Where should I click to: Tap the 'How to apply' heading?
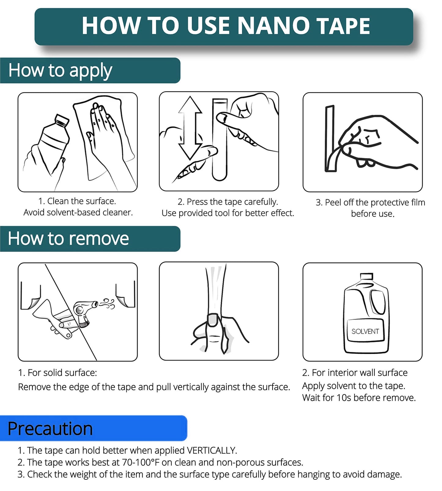[60, 71]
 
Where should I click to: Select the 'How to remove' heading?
[68, 239]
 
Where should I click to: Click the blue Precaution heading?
[50, 429]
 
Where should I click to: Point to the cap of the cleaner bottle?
[62, 120]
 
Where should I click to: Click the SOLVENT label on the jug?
[365, 331]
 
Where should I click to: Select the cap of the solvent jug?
[366, 277]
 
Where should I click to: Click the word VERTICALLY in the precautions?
[212, 451]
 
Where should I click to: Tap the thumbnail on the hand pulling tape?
[213, 320]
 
